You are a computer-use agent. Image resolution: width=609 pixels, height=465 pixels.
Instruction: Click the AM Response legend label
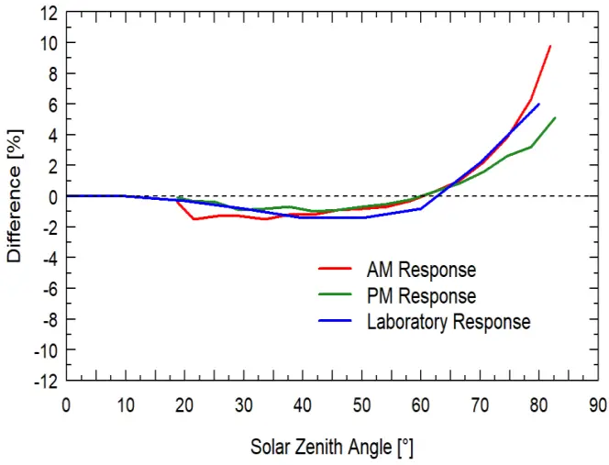point(421,271)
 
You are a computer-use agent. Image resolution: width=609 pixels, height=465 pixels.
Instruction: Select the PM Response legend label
point(421,296)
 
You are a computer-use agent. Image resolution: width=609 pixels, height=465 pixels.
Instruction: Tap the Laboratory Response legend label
point(448,322)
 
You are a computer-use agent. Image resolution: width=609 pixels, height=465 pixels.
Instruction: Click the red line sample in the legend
point(337,271)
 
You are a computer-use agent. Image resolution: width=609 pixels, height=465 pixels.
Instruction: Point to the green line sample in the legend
point(337,296)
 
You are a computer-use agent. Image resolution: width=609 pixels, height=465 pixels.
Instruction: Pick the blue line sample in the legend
point(337,322)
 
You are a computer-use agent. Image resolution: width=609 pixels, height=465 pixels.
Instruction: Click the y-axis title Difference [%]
point(16,195)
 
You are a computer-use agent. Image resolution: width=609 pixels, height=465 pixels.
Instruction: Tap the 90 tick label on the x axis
point(598,404)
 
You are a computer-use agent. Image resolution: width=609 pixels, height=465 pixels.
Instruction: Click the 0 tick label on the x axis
point(66,404)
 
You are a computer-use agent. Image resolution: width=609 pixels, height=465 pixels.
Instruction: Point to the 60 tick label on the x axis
point(421,404)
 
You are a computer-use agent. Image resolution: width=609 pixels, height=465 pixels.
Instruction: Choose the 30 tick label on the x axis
point(243,404)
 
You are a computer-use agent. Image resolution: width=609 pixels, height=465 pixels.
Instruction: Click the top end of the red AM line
point(550,46)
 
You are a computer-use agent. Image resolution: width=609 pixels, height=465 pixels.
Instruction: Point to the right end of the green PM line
point(556,117)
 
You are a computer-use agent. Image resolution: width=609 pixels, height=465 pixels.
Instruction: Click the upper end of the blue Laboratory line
point(539,104)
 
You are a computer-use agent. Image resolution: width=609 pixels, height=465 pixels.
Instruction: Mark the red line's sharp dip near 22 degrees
point(194,218)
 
